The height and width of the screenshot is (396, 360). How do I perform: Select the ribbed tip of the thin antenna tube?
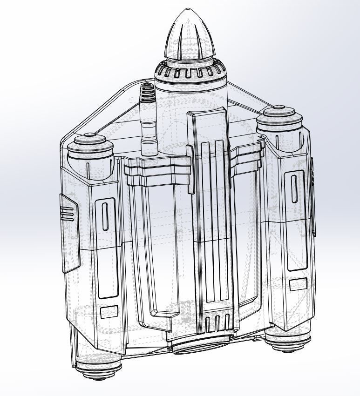coord(147,93)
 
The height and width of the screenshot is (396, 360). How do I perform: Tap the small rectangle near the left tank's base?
coord(109,312)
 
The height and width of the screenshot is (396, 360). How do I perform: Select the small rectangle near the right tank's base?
coord(298,284)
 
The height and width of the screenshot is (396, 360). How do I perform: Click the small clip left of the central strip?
coord(190,169)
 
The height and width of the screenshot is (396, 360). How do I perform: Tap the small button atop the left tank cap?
coord(90,135)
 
